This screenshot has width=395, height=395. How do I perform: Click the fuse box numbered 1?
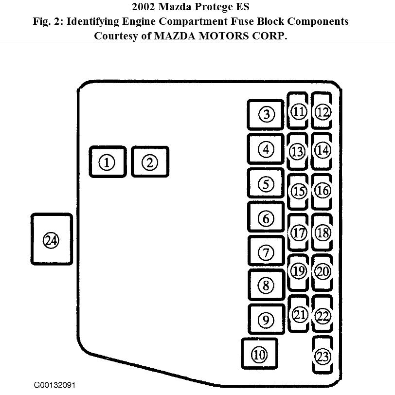(108, 162)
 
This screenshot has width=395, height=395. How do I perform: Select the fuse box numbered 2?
(150, 162)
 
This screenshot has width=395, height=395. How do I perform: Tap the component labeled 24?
(51, 239)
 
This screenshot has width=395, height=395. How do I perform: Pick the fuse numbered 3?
(266, 115)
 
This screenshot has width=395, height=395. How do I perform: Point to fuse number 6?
(266, 218)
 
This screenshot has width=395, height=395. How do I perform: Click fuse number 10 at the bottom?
(259, 355)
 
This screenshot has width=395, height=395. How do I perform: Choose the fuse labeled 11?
(298, 112)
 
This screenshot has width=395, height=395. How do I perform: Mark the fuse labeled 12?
(323, 112)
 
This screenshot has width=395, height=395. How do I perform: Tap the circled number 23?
(323, 356)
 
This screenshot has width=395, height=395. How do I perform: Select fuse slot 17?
(298, 233)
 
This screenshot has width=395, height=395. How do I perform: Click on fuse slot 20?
(323, 271)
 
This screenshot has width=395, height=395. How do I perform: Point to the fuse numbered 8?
(266, 285)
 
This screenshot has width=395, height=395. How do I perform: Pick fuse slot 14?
(323, 150)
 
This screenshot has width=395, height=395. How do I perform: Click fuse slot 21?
(298, 314)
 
